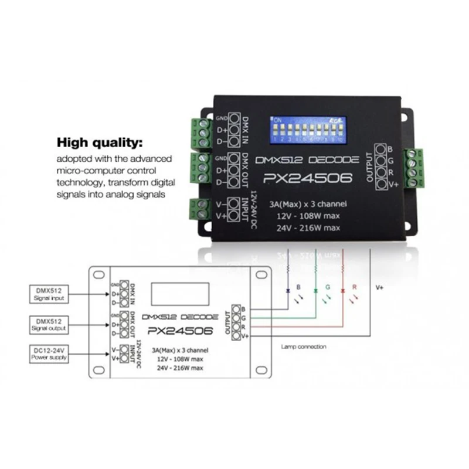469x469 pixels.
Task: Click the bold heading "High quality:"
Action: tap(99, 142)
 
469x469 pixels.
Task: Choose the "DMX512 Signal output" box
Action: tap(48, 325)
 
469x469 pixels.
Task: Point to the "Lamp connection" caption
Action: tap(304, 346)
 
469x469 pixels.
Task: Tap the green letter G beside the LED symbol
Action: tap(328, 288)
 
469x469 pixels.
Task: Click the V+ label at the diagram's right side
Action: tap(379, 288)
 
